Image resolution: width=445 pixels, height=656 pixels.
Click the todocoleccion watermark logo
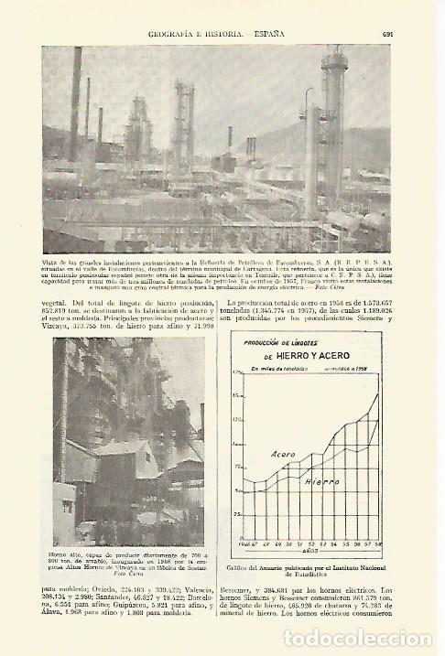coord(376,639)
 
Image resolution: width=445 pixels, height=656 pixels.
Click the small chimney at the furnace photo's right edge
coord(201,420)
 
